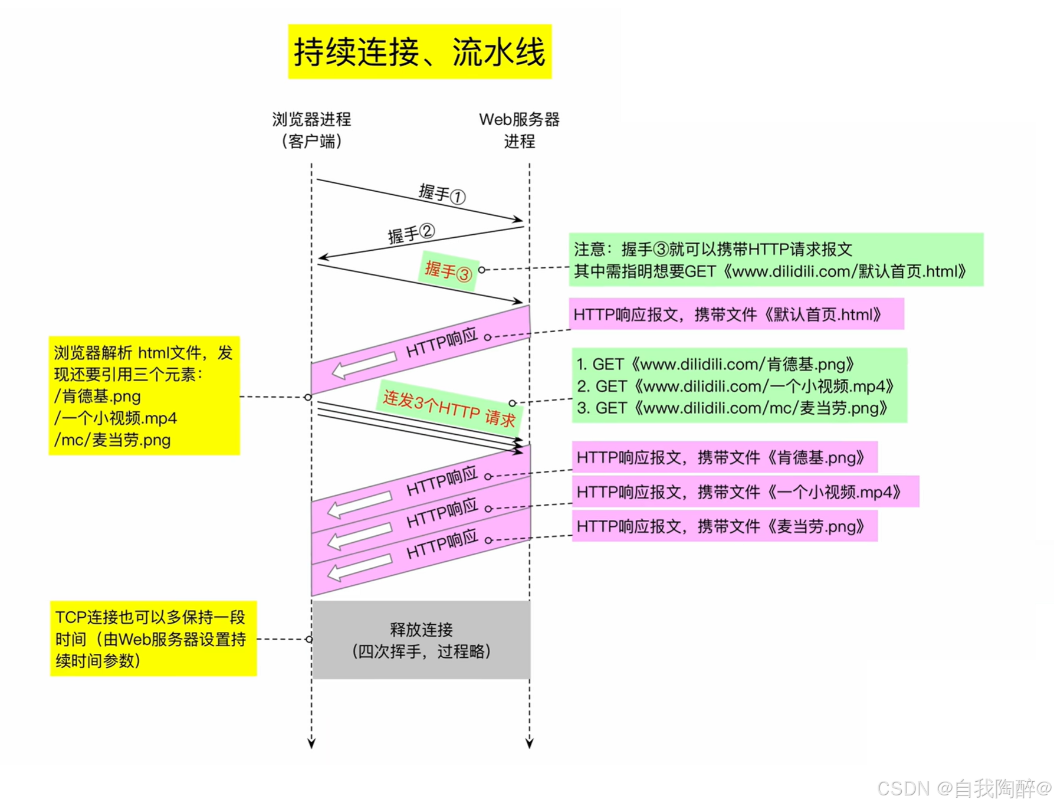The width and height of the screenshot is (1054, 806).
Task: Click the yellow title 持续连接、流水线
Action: click(419, 52)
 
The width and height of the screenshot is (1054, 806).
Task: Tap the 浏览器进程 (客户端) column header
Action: click(311, 130)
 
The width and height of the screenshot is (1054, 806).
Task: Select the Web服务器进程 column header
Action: click(519, 130)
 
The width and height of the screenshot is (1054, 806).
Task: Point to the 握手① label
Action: click(442, 194)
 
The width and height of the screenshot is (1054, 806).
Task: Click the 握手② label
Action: click(411, 234)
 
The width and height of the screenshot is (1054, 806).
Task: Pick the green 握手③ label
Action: click(448, 271)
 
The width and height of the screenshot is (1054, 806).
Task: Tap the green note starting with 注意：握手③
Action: click(776, 260)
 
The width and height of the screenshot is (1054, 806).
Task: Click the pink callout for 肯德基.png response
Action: click(724, 457)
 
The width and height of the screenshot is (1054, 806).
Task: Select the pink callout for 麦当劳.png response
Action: click(724, 526)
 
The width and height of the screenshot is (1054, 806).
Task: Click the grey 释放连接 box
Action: click(421, 640)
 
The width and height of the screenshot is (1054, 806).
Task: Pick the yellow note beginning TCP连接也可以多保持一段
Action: click(153, 638)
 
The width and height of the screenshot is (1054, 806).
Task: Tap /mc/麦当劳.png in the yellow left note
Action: click(113, 440)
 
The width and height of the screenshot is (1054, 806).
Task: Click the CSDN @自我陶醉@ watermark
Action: click(963, 788)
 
